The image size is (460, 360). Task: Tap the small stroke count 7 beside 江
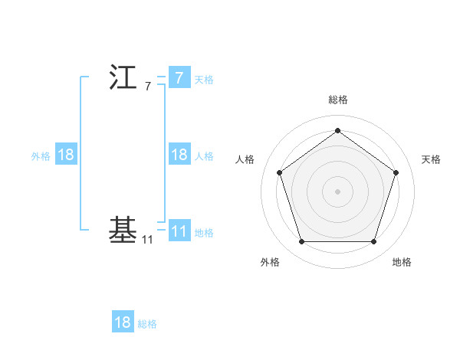tap(147, 87)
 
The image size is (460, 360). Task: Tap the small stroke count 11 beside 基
tap(147, 240)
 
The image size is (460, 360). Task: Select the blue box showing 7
tap(179, 78)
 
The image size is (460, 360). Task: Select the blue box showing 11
tap(179, 231)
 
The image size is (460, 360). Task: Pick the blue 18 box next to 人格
tap(179, 155)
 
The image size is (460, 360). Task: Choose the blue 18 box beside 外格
tap(66, 155)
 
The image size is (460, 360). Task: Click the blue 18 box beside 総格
tap(123, 322)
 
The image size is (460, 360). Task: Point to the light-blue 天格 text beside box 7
tap(204, 79)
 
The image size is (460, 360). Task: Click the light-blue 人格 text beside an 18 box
tap(204, 155)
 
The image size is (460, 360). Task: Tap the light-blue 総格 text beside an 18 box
tap(147, 323)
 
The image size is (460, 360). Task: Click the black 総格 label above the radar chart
tap(337, 100)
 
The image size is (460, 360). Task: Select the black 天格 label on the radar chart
tap(431, 159)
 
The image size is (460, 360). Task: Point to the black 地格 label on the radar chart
tap(402, 262)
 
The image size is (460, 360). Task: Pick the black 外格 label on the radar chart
tap(270, 262)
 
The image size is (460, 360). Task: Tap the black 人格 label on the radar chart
tap(245, 159)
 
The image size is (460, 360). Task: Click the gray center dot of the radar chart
tap(337, 191)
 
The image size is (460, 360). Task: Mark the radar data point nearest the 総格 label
tap(337, 131)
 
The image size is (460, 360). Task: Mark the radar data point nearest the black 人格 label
tap(280, 172)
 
